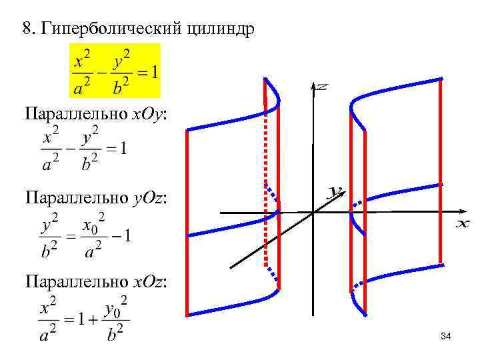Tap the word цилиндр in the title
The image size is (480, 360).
[223, 29]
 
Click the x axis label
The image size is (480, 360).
[463, 224]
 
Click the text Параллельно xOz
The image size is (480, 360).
[97, 283]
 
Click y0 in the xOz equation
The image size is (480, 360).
[115, 307]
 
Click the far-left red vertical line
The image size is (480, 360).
[187, 220]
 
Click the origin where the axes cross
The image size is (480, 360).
[313, 212]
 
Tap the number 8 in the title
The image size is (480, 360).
[27, 29]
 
